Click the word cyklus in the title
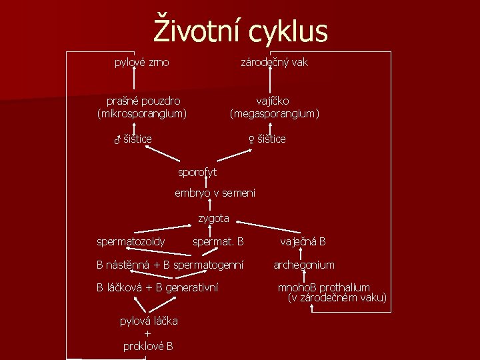pyautogui.click(x=289, y=31)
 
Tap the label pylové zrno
pyautogui.click(x=142, y=63)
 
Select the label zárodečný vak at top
pyautogui.click(x=274, y=63)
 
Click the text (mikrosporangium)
pyautogui.click(x=141, y=114)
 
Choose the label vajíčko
pyautogui.click(x=273, y=101)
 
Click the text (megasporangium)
pyautogui.click(x=275, y=114)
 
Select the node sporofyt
pyautogui.click(x=197, y=173)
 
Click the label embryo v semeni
pyautogui.click(x=215, y=193)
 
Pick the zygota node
pyautogui.click(x=213, y=218)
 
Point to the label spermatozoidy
pyautogui.click(x=131, y=241)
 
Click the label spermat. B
pyautogui.click(x=218, y=241)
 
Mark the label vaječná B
pyautogui.click(x=303, y=241)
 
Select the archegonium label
pyautogui.click(x=304, y=265)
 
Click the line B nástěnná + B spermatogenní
pyautogui.click(x=170, y=265)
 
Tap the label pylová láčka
pyautogui.click(x=149, y=321)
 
